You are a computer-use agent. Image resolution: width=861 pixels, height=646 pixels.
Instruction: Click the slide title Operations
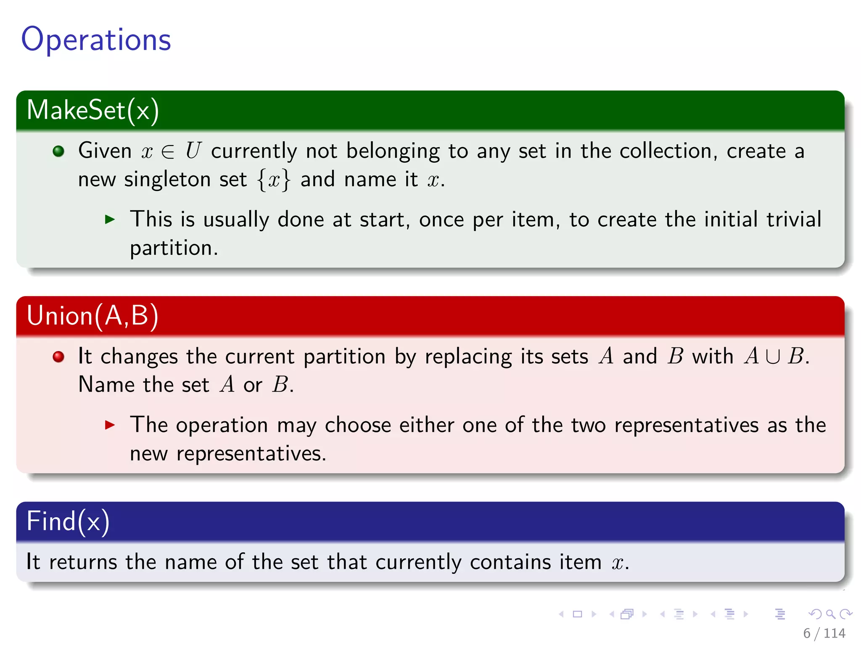pyautogui.click(x=96, y=40)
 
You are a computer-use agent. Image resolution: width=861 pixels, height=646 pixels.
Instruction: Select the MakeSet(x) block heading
pyautogui.click(x=93, y=110)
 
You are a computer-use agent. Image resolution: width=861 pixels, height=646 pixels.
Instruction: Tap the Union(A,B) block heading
pyautogui.click(x=92, y=315)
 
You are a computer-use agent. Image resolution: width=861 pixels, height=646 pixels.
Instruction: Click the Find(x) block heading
pyautogui.click(x=68, y=522)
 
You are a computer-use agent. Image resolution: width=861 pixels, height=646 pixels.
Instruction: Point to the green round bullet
pyautogui.click(x=58, y=151)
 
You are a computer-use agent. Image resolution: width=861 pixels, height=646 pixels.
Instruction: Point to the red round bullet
pyautogui.click(x=58, y=357)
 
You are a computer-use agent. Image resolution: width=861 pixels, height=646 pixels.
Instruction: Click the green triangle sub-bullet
pyautogui.click(x=110, y=219)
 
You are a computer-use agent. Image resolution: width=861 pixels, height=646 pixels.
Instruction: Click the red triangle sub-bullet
pyautogui.click(x=110, y=425)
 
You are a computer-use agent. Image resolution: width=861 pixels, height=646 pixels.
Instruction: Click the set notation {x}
pyautogui.click(x=274, y=180)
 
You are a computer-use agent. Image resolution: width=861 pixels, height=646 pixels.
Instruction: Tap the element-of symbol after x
pyautogui.click(x=168, y=151)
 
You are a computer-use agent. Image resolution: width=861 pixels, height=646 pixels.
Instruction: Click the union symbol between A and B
pyautogui.click(x=773, y=356)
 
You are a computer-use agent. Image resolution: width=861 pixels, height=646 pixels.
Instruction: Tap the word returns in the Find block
pyautogui.click(x=83, y=562)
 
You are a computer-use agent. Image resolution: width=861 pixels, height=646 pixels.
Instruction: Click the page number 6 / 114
pyautogui.click(x=824, y=633)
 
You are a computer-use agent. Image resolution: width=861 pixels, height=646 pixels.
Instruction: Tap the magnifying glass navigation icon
pyautogui.click(x=830, y=614)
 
